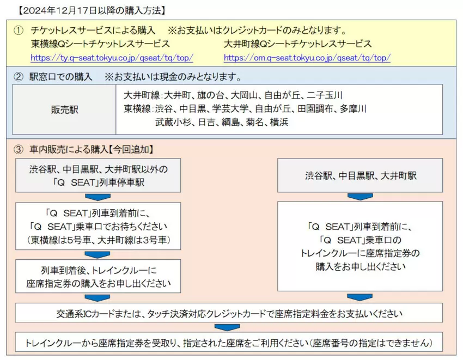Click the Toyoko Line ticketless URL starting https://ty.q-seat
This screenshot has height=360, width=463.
112,58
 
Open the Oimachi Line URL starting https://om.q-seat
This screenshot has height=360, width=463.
307,58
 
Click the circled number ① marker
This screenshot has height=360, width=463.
19,30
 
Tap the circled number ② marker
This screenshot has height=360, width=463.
19,77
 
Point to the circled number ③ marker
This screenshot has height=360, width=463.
19,149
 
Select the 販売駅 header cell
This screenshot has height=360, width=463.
64,109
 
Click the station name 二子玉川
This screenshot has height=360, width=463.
325,95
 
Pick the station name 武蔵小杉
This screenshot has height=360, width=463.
173,122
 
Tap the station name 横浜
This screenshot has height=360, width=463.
279,122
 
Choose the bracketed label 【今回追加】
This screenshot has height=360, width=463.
131,149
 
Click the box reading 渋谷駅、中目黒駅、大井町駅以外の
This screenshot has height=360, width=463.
98,175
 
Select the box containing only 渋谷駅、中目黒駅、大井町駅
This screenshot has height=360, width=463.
360,175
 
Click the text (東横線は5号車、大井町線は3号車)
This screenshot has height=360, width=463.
99,240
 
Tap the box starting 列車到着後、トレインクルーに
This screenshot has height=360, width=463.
98,277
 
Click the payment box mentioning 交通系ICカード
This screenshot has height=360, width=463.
229,313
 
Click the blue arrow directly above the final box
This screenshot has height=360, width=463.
227,327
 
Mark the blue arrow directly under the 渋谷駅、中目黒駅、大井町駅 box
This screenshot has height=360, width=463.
360,197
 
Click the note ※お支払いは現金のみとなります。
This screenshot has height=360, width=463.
173,77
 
